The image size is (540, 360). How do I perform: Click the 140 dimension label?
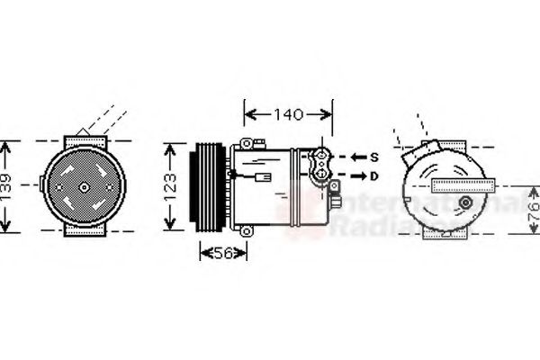289,114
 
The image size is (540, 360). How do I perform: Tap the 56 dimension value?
222,254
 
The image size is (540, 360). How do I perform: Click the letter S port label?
373,157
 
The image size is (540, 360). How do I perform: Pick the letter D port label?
373,176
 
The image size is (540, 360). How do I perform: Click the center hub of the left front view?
84,187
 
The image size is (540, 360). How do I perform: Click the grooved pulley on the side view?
207,187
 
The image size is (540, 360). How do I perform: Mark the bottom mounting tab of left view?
84,232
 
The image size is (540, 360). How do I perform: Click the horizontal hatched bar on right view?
463,185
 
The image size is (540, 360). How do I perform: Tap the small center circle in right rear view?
465,203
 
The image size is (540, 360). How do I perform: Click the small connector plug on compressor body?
262,176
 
